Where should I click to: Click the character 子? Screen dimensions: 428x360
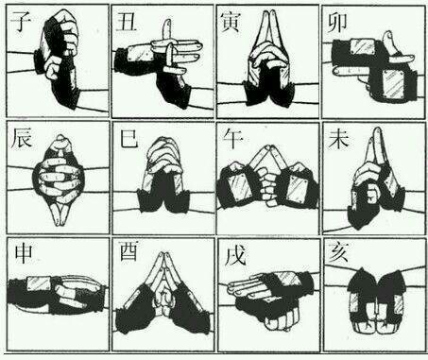click(x=21, y=21)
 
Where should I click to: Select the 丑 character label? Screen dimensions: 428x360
click(x=126, y=21)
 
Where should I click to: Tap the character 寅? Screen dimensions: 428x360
click(x=231, y=22)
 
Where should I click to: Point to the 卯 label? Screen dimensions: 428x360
click(x=337, y=23)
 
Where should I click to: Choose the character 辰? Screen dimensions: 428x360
click(x=22, y=138)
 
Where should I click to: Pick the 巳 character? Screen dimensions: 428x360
click(x=128, y=139)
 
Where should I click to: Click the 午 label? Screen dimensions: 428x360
click(x=232, y=139)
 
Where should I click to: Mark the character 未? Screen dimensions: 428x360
click(x=338, y=139)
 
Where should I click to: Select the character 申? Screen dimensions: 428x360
click(x=24, y=254)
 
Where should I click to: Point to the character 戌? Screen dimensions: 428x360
click(x=235, y=254)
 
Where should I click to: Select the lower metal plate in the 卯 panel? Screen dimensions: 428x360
click(x=395, y=83)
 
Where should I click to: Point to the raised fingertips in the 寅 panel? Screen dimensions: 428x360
click(x=268, y=14)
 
